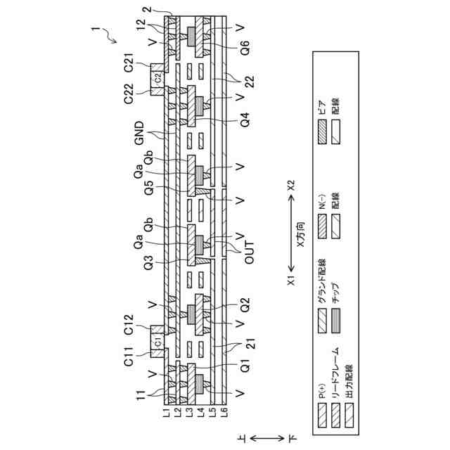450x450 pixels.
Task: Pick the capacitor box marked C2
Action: [158, 78]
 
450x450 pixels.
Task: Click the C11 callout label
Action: [129, 363]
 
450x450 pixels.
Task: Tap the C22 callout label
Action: [129, 94]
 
